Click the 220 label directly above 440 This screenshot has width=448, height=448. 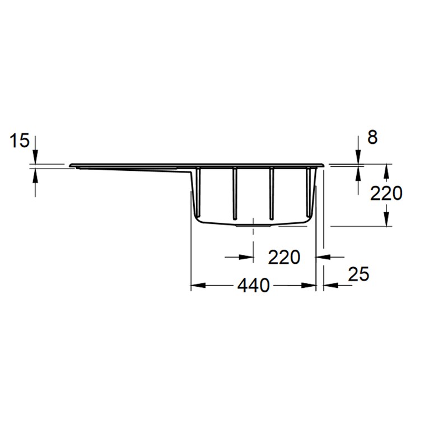click(284, 257)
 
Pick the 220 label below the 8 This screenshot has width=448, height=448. click(386, 193)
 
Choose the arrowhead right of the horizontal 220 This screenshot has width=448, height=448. click(322, 257)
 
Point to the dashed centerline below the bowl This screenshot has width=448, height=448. click(254, 241)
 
